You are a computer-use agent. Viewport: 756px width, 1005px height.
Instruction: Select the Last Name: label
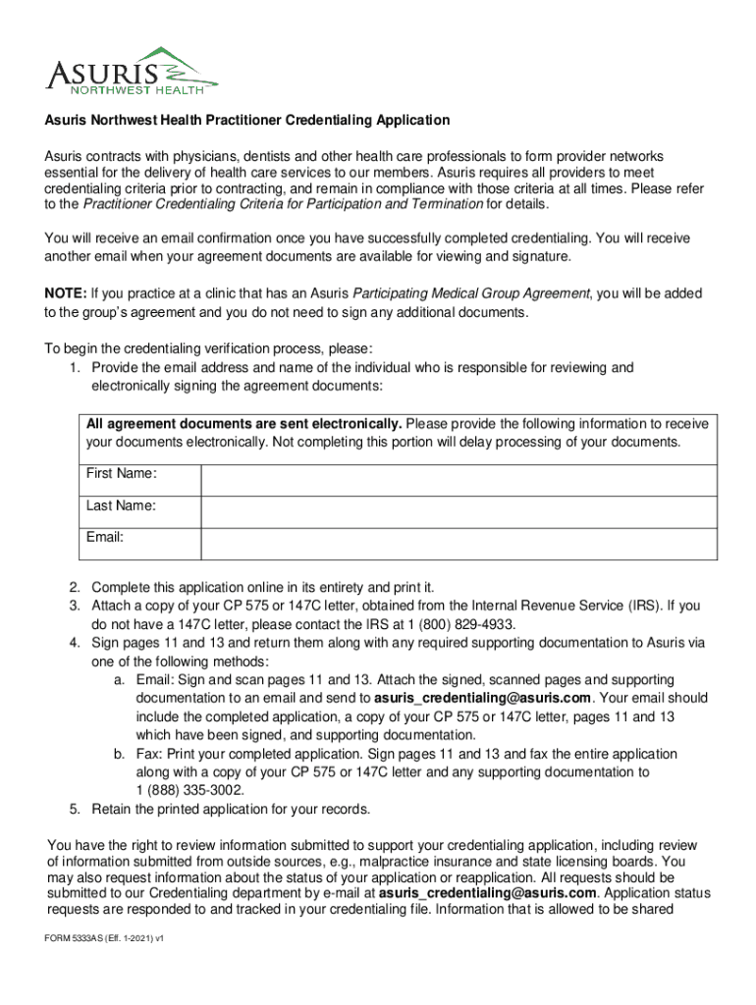coord(121,505)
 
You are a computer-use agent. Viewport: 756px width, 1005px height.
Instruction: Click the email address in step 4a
coord(483,698)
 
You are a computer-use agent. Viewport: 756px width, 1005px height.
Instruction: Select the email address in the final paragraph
coord(487,893)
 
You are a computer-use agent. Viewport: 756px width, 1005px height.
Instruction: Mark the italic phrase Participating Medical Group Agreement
coord(471,293)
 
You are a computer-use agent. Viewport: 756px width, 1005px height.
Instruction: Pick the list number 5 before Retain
coord(75,809)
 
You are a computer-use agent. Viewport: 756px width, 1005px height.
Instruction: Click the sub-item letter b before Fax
coord(117,754)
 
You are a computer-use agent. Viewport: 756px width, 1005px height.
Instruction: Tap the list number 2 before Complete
coord(75,587)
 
